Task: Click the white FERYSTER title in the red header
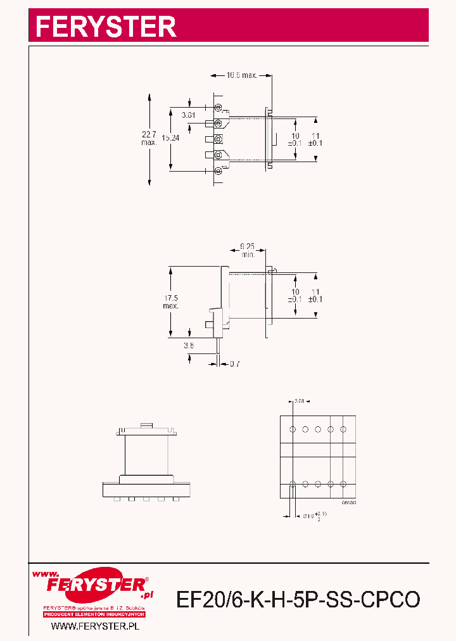point(105,26)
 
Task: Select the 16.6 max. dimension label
point(242,75)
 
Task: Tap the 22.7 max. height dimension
point(149,138)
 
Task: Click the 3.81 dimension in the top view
point(188,115)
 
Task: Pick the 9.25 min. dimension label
point(248,250)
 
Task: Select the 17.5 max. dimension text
point(170,301)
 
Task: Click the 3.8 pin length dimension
point(189,345)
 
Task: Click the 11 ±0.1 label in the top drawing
point(315,139)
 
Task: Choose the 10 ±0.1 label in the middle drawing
point(294,295)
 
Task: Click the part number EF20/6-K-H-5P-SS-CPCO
point(298,599)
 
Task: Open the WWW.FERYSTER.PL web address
point(94,626)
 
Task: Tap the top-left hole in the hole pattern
point(293,429)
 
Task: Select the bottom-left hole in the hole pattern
point(293,484)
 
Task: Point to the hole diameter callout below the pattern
point(310,516)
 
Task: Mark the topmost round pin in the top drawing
point(218,108)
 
